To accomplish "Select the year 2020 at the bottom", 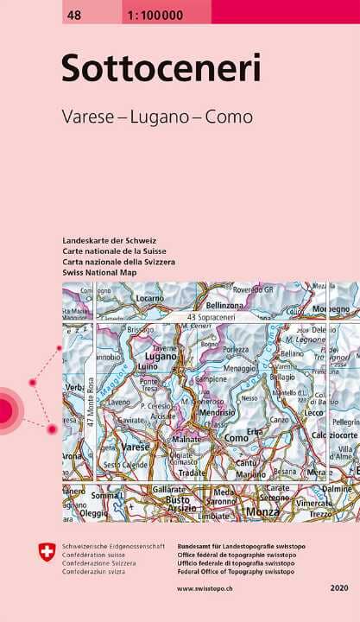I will [x=338, y=588].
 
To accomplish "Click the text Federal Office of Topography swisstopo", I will [x=237, y=571].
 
